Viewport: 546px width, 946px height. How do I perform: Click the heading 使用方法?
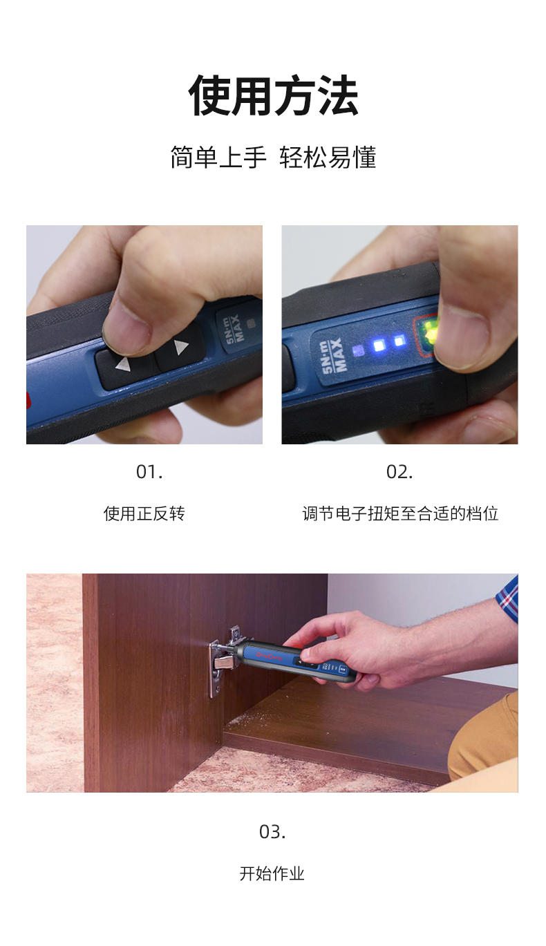[273, 95]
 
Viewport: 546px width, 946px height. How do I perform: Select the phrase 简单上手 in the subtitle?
[218, 157]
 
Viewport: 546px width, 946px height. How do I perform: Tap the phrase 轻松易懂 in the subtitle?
[328, 157]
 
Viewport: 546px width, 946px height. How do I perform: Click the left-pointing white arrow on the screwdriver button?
[122, 364]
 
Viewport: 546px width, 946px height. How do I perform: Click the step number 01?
[149, 472]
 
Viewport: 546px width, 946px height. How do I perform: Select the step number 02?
[399, 472]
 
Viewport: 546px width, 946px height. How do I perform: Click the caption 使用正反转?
[144, 514]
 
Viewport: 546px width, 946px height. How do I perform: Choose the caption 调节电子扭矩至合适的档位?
[400, 514]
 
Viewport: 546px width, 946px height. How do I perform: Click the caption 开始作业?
[272, 873]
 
